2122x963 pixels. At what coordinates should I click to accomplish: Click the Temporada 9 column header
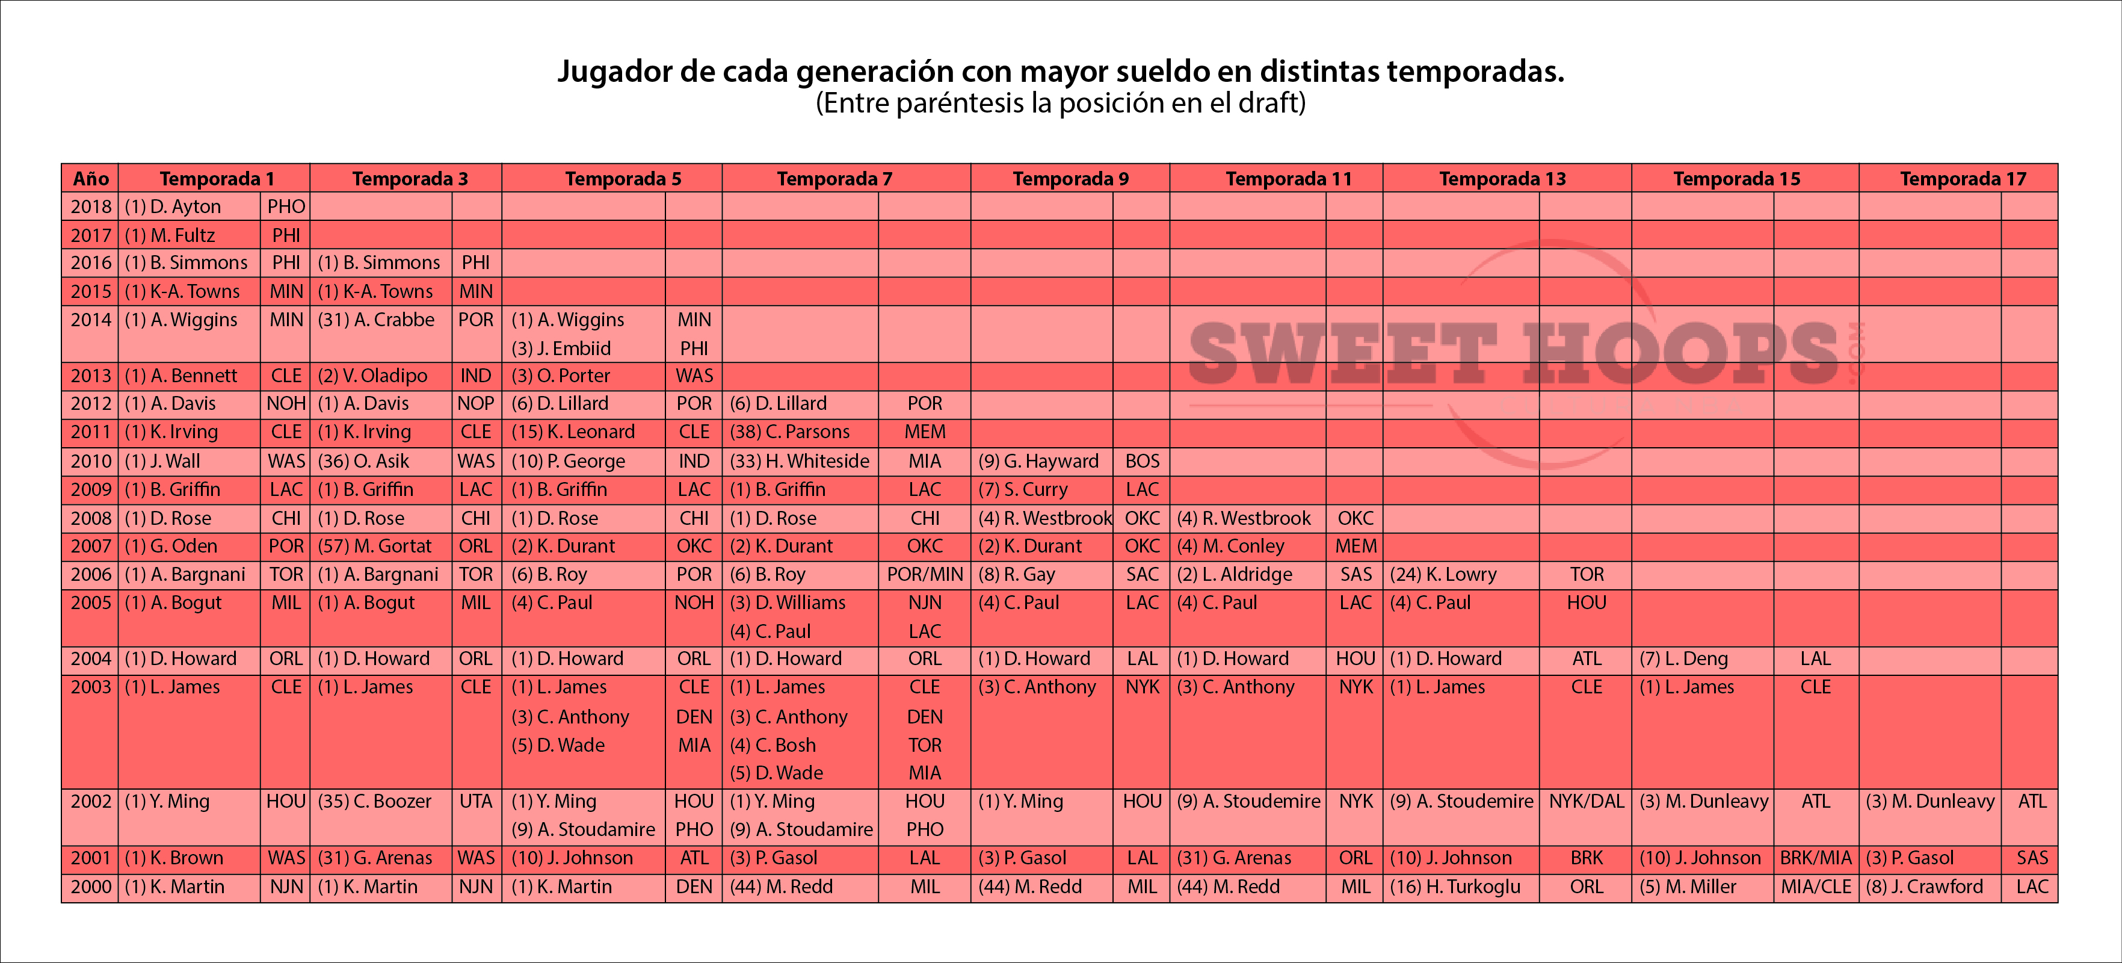[x=1070, y=179]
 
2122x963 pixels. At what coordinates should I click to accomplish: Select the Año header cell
[x=91, y=179]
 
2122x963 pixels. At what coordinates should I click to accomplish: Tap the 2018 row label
[x=91, y=207]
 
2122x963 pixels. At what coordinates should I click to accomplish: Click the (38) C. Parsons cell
[x=789, y=432]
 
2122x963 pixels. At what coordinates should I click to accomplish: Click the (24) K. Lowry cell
[x=1443, y=574]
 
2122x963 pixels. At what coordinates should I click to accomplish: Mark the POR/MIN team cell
[x=924, y=574]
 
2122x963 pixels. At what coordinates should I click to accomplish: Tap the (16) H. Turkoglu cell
[x=1455, y=887]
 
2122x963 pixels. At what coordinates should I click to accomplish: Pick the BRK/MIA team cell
[x=1816, y=858]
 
